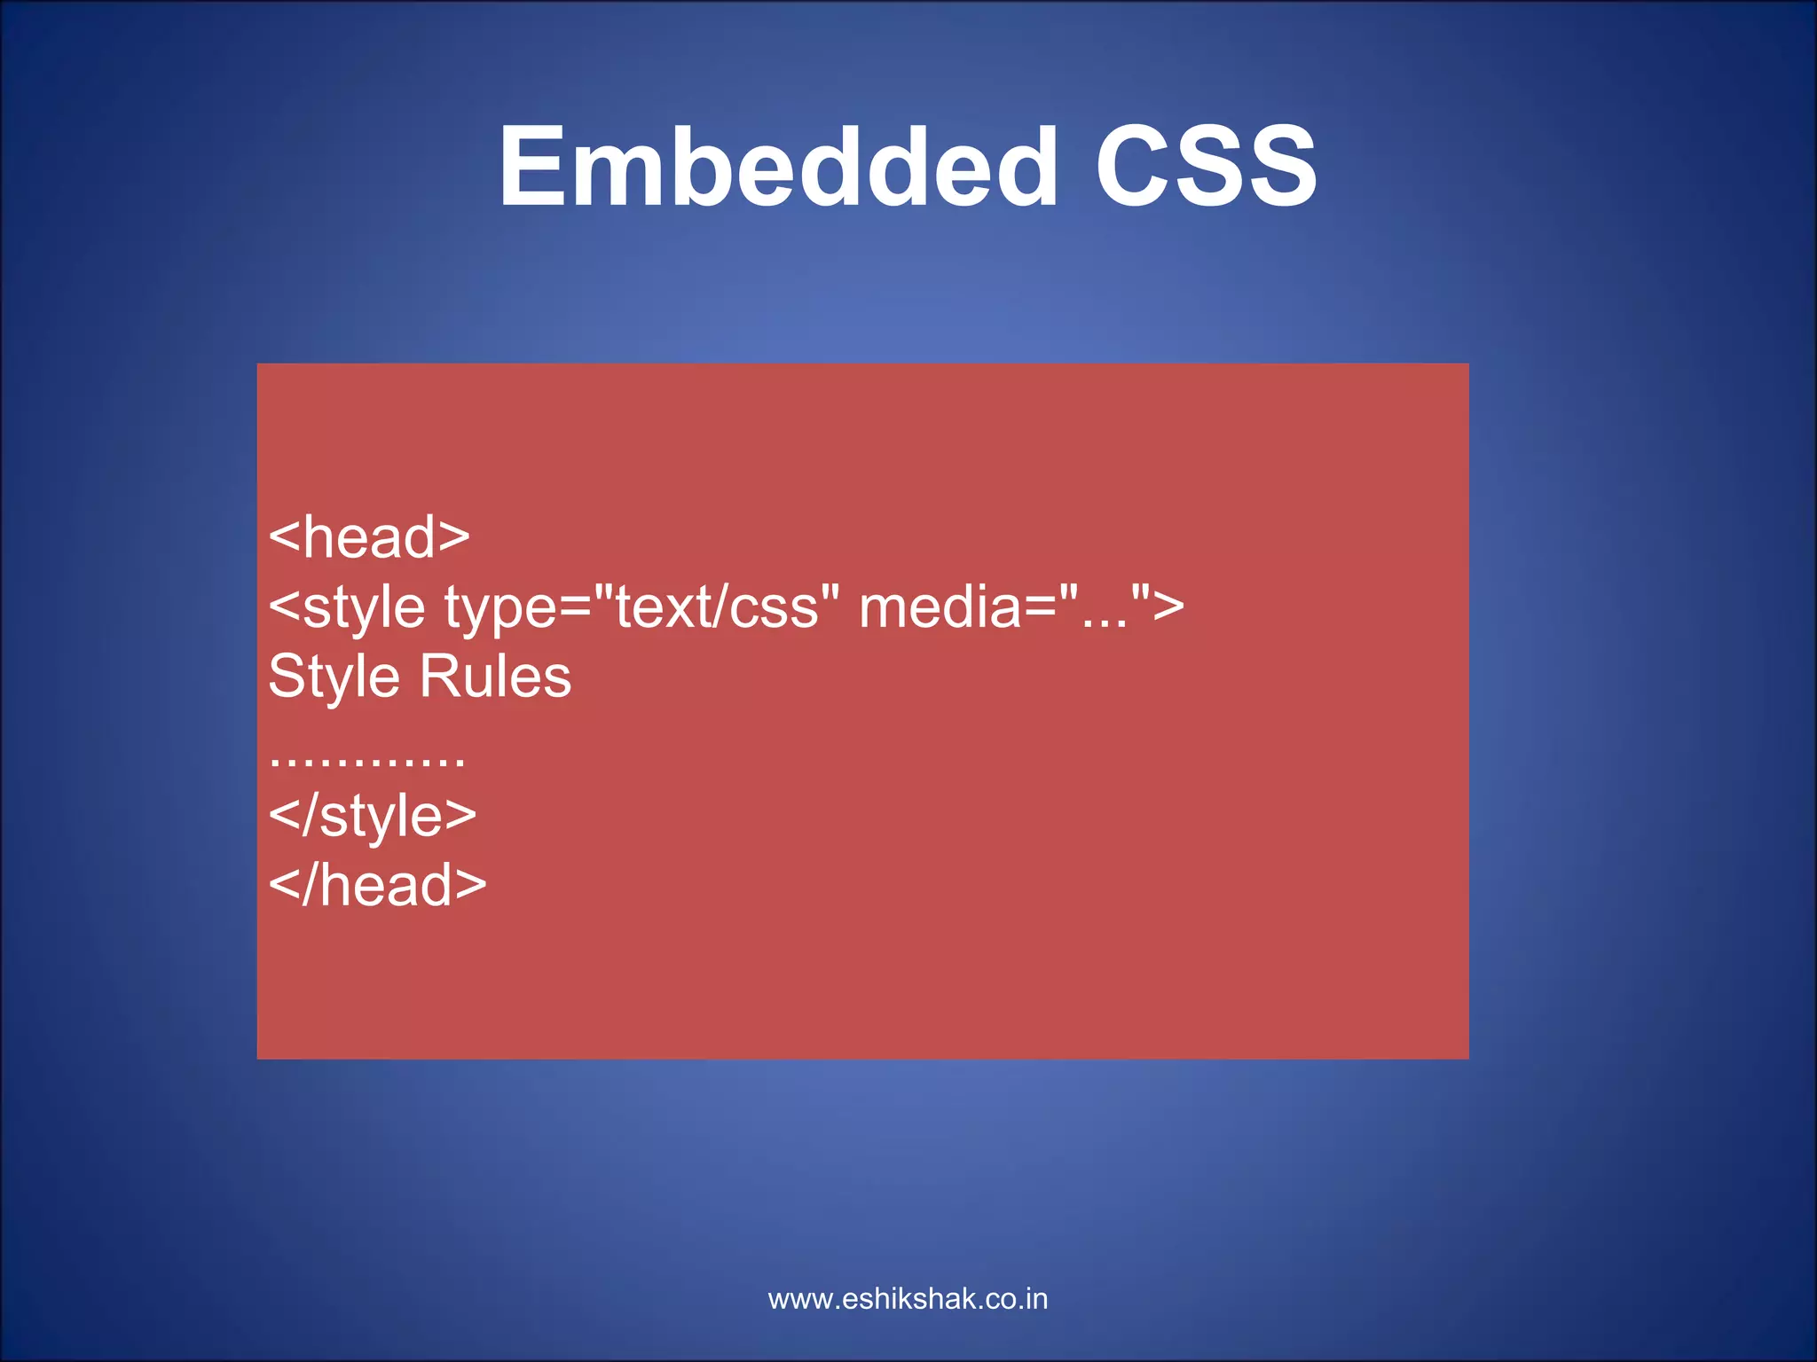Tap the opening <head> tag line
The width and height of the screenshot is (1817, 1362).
tap(369, 537)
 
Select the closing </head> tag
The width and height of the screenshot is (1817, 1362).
tap(377, 885)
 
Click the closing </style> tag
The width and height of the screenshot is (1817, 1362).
tap(373, 816)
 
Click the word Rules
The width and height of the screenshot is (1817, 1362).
tap(495, 677)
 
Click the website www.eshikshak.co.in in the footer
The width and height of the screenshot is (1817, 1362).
tap(908, 1299)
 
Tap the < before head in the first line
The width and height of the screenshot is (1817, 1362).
tap(285, 537)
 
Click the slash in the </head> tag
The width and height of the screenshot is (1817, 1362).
tap(309, 885)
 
